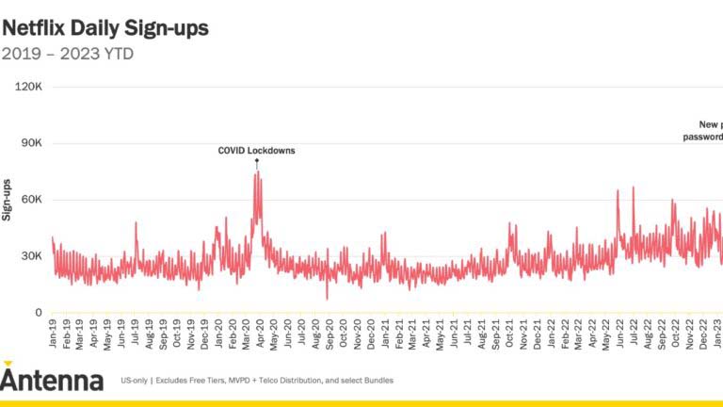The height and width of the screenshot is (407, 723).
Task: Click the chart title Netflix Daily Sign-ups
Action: (x=105, y=27)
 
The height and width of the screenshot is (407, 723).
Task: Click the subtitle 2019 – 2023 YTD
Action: (x=68, y=54)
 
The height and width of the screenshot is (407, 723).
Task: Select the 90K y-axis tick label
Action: (x=31, y=143)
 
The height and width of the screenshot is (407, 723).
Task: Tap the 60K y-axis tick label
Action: (x=31, y=200)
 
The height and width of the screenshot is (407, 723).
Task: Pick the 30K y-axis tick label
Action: (x=31, y=256)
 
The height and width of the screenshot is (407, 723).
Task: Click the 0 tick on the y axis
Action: (x=39, y=313)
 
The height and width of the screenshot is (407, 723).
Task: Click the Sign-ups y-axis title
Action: (x=8, y=199)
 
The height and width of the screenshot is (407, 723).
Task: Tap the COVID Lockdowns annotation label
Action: (x=256, y=150)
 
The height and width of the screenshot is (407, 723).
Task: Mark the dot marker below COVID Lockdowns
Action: (x=256, y=161)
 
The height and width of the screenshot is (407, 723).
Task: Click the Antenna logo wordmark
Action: (x=52, y=380)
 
